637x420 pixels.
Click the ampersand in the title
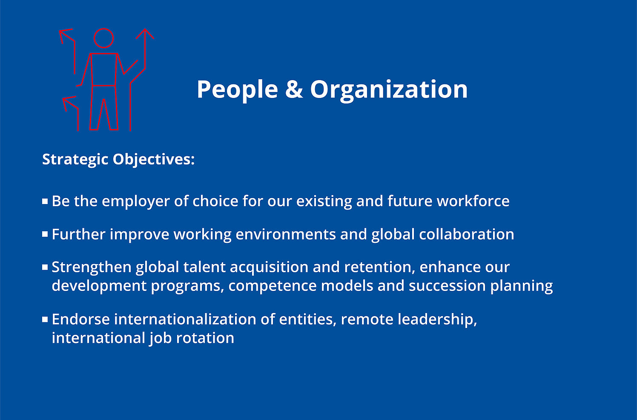(294, 89)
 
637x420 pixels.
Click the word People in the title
(238, 89)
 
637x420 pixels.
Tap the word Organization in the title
(389, 89)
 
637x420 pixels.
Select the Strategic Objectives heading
(118, 159)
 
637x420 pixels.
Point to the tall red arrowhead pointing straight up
(145, 34)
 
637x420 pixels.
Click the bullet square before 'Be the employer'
(45, 201)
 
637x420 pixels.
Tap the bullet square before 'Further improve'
(45, 234)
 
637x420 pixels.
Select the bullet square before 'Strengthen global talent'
(45, 267)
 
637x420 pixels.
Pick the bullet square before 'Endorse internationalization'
(45, 319)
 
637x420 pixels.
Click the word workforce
(473, 201)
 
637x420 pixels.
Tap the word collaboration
(467, 234)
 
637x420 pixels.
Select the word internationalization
(185, 319)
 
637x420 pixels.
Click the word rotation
(205, 338)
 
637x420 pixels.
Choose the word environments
(286, 234)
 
